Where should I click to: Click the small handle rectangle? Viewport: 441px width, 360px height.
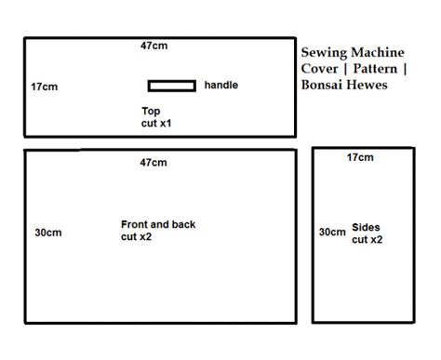pyautogui.click(x=171, y=87)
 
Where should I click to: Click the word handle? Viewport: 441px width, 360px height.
pyautogui.click(x=220, y=86)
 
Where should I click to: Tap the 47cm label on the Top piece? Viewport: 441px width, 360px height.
pyautogui.click(x=154, y=47)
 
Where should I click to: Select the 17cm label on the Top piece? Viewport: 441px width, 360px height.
pyautogui.click(x=44, y=86)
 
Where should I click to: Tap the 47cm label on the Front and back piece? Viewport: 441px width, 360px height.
pyautogui.click(x=154, y=164)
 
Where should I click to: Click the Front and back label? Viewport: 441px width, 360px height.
pyautogui.click(x=158, y=224)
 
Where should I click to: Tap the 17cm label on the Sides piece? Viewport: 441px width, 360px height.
pyautogui.click(x=359, y=158)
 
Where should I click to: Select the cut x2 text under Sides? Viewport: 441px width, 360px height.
pyautogui.click(x=367, y=240)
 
